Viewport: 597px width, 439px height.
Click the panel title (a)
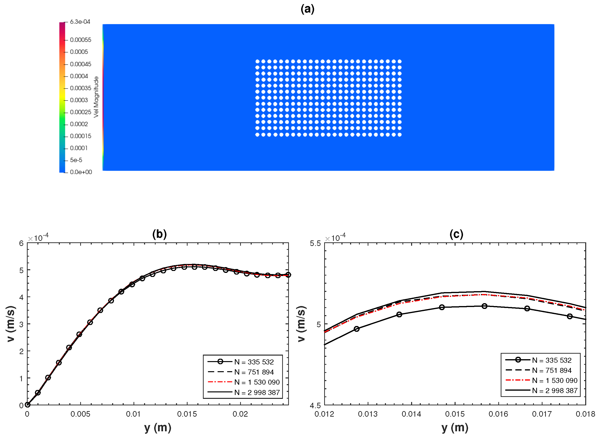(307, 9)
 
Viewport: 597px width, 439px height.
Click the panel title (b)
(159, 234)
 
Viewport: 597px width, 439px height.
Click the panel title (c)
(456, 234)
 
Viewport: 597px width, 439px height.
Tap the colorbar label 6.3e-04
(80, 22)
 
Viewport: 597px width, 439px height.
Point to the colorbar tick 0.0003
(79, 100)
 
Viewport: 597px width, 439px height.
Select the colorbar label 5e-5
(76, 160)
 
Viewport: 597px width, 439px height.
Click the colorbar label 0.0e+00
(81, 172)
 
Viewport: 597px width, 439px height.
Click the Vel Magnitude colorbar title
(96, 97)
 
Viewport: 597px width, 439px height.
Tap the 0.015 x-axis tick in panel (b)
(187, 414)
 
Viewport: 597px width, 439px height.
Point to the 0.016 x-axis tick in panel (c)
(498, 414)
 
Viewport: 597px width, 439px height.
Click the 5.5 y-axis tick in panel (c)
(315, 243)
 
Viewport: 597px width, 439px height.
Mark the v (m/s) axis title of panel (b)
(11, 324)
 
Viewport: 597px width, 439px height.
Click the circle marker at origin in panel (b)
(27, 405)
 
